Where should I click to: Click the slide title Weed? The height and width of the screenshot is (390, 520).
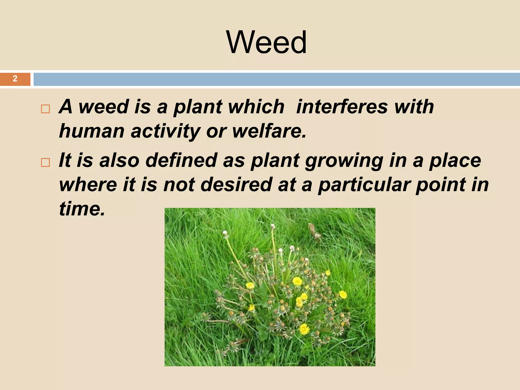pyautogui.click(x=266, y=42)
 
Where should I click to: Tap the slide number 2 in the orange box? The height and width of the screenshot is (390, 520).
pyautogui.click(x=15, y=79)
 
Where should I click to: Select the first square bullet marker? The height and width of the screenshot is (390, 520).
pyautogui.click(x=45, y=109)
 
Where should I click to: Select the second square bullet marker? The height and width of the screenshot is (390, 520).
pyautogui.click(x=45, y=162)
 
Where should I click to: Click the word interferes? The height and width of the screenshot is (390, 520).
pyautogui.click(x=342, y=107)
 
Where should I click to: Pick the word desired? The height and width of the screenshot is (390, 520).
pyautogui.click(x=236, y=184)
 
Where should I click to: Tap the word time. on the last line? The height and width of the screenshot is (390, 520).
pyautogui.click(x=82, y=209)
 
